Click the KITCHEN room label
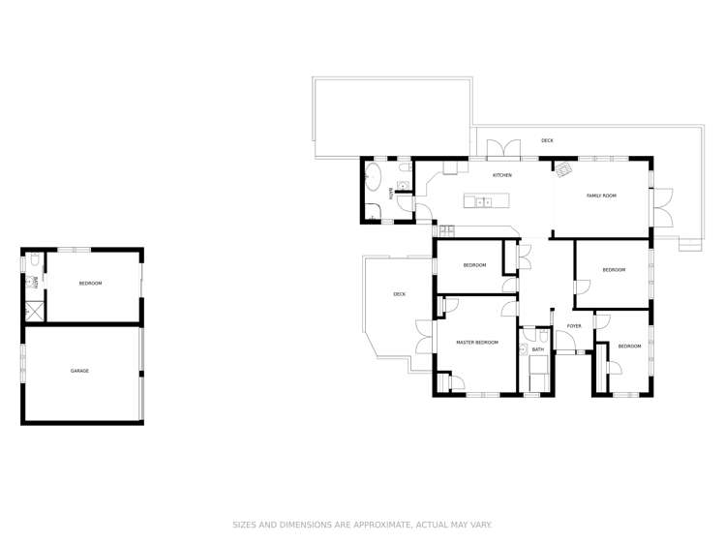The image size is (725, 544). click(x=502, y=175)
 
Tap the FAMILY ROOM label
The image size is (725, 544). click(x=601, y=196)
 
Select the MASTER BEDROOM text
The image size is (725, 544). click(x=477, y=343)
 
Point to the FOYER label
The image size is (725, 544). click(x=574, y=326)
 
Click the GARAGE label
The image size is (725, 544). click(x=79, y=371)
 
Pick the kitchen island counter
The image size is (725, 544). click(x=487, y=201)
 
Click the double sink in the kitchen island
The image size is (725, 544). click(x=484, y=201)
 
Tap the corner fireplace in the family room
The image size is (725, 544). click(x=564, y=169)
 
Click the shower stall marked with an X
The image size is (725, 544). click(x=34, y=310)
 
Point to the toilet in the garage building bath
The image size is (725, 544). click(x=34, y=260)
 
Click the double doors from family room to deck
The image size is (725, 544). click(x=662, y=207)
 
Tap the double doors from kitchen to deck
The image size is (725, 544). click(x=503, y=149)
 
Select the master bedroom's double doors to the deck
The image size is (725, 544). click(x=425, y=337)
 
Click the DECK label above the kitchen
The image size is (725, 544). click(x=547, y=140)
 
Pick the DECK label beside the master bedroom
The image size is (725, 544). click(x=399, y=294)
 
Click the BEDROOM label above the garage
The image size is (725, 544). click(x=90, y=284)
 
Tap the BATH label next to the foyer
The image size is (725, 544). click(x=538, y=349)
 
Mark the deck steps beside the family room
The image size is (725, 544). click(x=690, y=244)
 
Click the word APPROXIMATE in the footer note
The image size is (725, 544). click(x=381, y=525)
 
